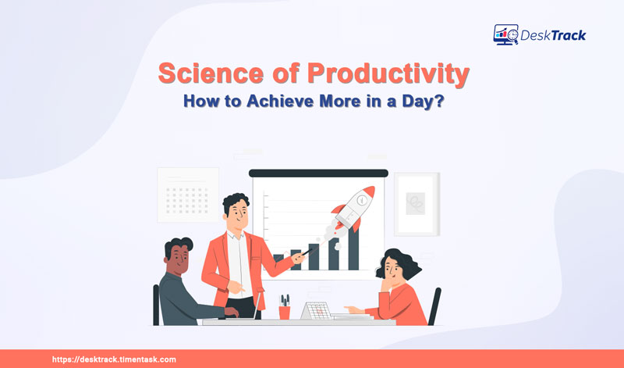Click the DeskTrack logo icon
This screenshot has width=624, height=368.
[506, 34]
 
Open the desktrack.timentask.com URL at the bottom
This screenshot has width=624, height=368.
[114, 359]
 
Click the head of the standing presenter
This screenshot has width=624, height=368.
[234, 208]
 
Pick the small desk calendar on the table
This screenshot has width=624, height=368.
[317, 309]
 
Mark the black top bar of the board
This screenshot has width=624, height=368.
[317, 172]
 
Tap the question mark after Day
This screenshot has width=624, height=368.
[441, 102]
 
